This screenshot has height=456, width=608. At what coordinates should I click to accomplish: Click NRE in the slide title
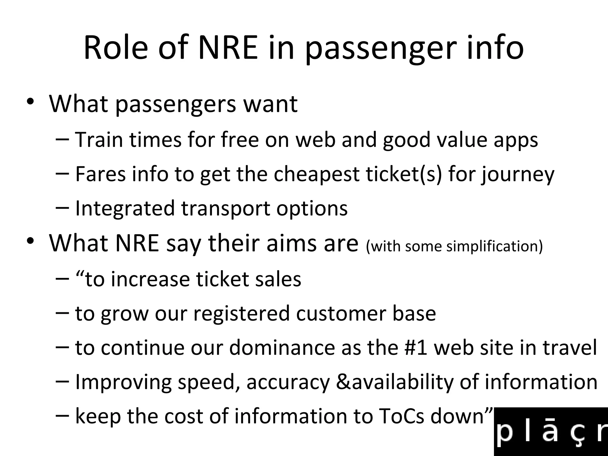click(x=228, y=48)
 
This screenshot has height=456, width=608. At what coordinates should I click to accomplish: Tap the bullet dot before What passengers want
click(x=30, y=102)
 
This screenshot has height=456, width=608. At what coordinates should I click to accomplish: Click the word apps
click(x=516, y=140)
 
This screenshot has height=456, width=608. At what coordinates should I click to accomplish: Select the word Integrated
click(x=125, y=208)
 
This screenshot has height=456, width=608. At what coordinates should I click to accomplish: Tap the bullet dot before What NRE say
click(x=30, y=241)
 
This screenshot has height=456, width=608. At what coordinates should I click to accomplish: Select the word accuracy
click(x=288, y=382)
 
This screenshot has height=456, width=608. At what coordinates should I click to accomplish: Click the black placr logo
click(x=551, y=432)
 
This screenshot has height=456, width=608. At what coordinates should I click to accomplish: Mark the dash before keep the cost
click(x=62, y=416)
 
